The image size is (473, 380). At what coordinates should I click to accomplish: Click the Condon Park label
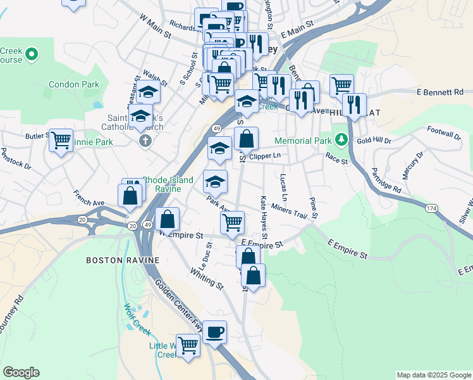(x=74, y=84)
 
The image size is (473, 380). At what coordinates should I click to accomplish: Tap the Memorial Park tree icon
(x=341, y=138)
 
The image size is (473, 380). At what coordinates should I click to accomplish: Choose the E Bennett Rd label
(x=440, y=92)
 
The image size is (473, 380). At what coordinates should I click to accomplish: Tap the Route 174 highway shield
(x=431, y=208)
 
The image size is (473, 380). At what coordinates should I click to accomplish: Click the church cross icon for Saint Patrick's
(x=146, y=139)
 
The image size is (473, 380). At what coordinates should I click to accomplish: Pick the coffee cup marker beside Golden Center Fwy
(x=214, y=331)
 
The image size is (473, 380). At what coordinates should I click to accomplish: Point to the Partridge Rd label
(x=386, y=180)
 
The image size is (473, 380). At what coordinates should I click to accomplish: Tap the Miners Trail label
(x=288, y=211)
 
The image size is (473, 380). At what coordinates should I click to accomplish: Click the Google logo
(x=21, y=372)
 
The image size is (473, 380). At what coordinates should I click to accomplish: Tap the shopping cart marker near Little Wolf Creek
(x=188, y=345)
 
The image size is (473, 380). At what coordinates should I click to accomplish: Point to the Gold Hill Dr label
(x=374, y=141)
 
